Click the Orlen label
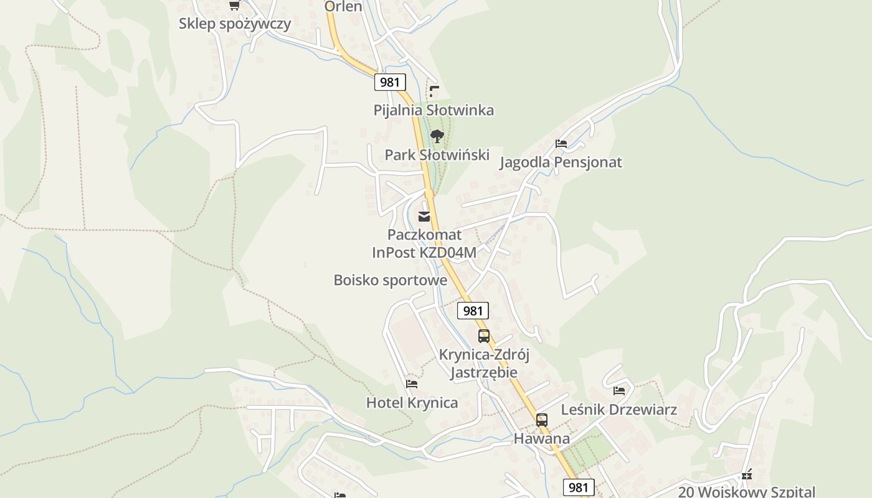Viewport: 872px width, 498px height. (x=343, y=7)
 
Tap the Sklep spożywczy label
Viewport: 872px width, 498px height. (x=235, y=24)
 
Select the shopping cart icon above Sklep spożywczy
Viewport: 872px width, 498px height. (x=234, y=6)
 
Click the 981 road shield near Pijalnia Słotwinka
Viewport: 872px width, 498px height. (x=390, y=82)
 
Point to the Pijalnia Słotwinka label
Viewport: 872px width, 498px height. (x=434, y=110)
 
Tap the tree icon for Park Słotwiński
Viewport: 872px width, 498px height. (x=437, y=136)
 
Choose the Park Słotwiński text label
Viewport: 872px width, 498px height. (x=437, y=155)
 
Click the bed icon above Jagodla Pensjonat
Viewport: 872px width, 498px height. (x=561, y=144)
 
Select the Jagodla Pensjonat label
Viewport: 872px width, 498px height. (x=561, y=162)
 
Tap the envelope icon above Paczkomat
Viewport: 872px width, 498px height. (x=424, y=217)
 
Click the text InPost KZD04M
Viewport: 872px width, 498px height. (x=424, y=252)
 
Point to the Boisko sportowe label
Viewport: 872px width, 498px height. (x=390, y=280)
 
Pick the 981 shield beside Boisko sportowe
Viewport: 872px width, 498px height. (x=473, y=311)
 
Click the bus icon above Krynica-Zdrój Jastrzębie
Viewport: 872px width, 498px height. (x=484, y=336)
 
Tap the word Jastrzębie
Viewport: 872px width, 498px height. (x=484, y=372)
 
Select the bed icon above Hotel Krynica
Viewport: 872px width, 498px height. (x=411, y=384)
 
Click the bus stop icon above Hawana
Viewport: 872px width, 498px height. (x=542, y=420)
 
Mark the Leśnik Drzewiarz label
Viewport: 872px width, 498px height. (x=618, y=410)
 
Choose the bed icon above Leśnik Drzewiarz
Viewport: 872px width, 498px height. (x=619, y=391)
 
